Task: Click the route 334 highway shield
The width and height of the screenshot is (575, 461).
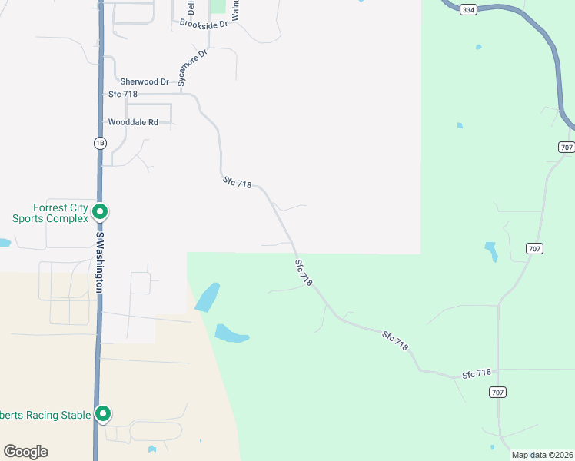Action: pyautogui.click(x=469, y=9)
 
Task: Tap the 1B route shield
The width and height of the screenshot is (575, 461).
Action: pyautogui.click(x=100, y=143)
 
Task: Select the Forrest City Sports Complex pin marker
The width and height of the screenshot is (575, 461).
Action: pyautogui.click(x=99, y=211)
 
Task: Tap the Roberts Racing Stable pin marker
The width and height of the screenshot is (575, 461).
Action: pyautogui.click(x=103, y=414)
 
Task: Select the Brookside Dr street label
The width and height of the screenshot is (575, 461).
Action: pyautogui.click(x=204, y=24)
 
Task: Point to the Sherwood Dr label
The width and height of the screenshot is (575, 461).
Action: pyautogui.click(x=144, y=81)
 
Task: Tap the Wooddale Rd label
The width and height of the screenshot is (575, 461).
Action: pyautogui.click(x=133, y=122)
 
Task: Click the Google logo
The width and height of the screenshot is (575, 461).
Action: pyautogui.click(x=25, y=452)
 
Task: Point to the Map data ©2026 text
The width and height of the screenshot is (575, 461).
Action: pyautogui.click(x=542, y=455)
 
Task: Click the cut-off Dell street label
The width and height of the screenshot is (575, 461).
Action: pyautogui.click(x=191, y=8)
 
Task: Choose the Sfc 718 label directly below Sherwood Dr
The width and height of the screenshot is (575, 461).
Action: pyautogui.click(x=123, y=95)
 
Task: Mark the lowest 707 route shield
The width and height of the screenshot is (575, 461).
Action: pyautogui.click(x=497, y=393)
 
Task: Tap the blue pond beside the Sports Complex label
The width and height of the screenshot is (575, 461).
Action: pyautogui.click(x=4, y=243)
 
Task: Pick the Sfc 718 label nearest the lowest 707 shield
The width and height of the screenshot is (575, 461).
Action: pyautogui.click(x=476, y=374)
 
